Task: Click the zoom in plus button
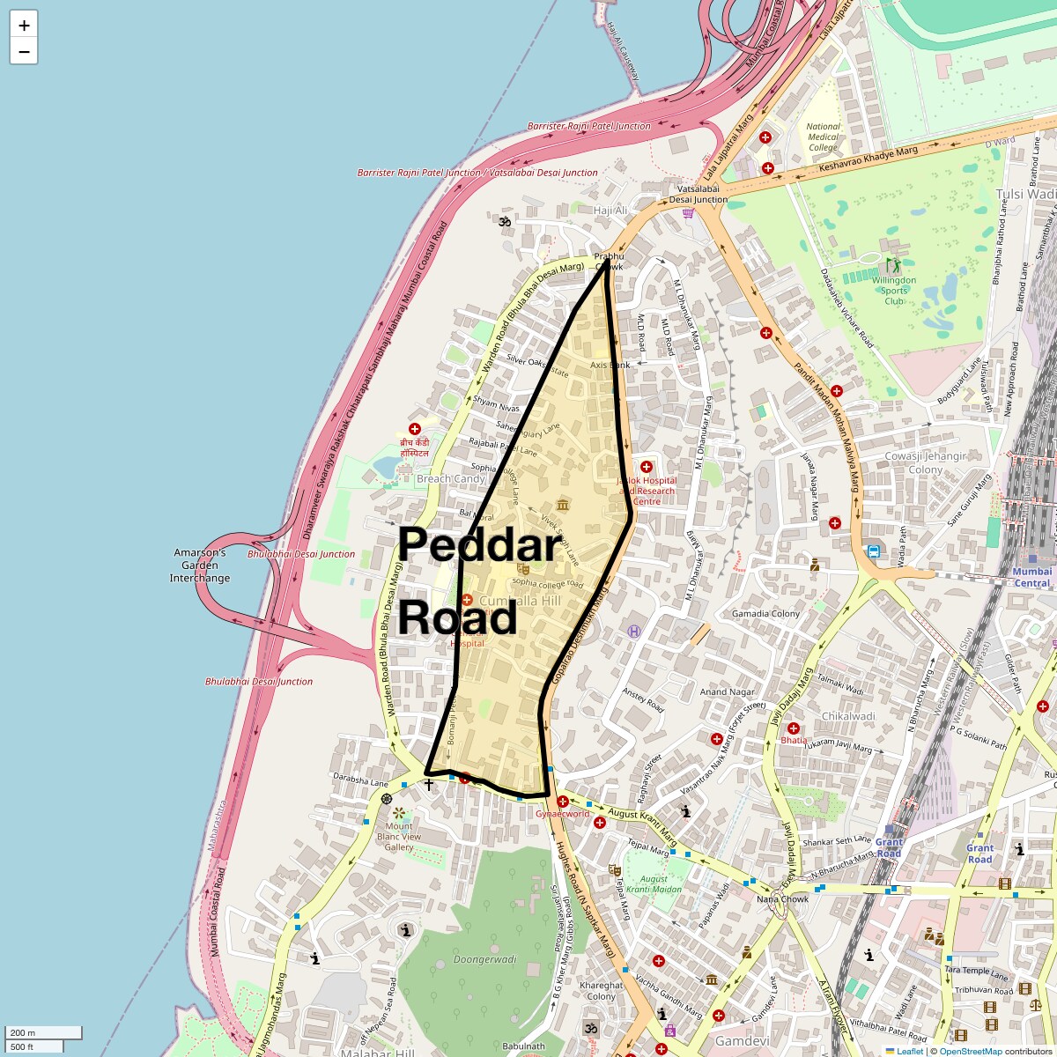tap(24, 26)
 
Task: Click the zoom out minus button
tap(24, 51)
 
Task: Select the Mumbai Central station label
tap(1031, 578)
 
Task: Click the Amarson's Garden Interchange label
tap(200, 565)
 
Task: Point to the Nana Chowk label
tap(782, 899)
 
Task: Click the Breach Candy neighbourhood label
tap(450, 479)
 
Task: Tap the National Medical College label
tap(823, 137)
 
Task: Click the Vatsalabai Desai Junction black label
tap(699, 194)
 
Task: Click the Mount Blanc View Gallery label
tap(398, 837)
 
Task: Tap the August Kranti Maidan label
tap(654, 884)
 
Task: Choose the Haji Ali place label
tap(610, 211)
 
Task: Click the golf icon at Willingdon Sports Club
tap(894, 264)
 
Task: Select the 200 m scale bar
tap(43, 1033)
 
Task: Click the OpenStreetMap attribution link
tap(970, 1051)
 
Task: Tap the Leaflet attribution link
tap(910, 1051)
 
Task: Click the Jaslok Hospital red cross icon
tap(647, 467)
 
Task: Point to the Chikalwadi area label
tap(847, 716)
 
